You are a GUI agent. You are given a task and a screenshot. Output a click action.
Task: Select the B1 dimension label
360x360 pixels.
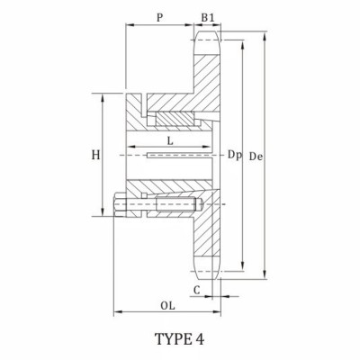tap(208, 16)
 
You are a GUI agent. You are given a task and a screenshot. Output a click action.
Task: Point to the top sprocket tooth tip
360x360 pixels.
tap(209, 34)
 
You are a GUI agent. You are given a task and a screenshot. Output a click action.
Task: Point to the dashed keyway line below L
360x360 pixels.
tap(171, 157)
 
